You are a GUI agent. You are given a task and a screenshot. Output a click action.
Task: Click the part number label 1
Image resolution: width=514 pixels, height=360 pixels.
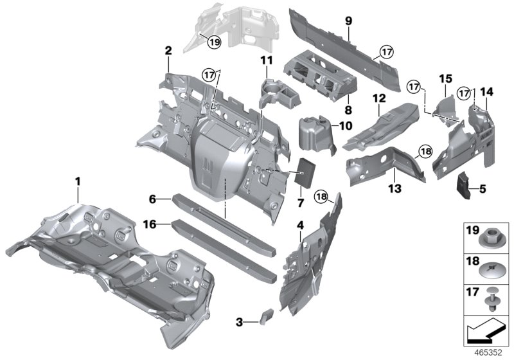click(x=78, y=182)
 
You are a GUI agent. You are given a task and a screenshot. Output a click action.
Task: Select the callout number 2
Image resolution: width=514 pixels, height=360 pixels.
click(x=168, y=50)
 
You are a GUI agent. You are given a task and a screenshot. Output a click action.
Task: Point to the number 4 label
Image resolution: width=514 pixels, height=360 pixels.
click(x=300, y=225)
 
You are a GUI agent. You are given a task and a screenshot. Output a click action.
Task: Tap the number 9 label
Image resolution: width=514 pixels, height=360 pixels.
click(x=348, y=21)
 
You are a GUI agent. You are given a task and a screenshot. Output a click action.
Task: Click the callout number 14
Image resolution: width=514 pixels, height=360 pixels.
click(x=486, y=92)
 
